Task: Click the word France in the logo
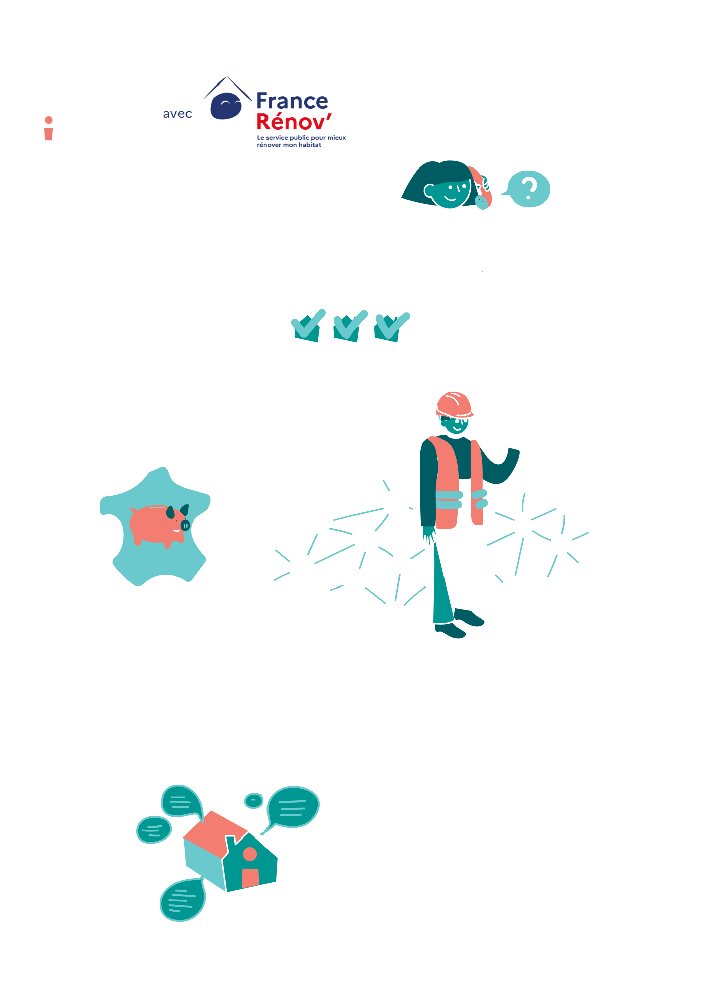292,101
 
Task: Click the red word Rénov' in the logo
294,122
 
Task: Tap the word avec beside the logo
177,114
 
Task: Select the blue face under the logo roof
226,106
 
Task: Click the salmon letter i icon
49,129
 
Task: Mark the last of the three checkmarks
392,327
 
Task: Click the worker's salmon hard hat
455,405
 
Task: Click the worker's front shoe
450,631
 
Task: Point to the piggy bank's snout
185,525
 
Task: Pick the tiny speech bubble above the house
254,800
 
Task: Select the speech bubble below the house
183,899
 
